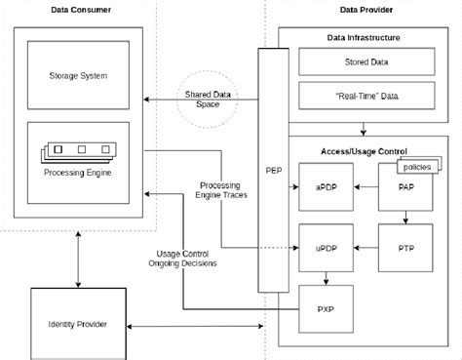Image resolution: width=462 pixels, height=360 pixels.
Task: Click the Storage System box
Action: pos(78,75)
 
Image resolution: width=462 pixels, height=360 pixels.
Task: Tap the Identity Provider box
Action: pos(77,323)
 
